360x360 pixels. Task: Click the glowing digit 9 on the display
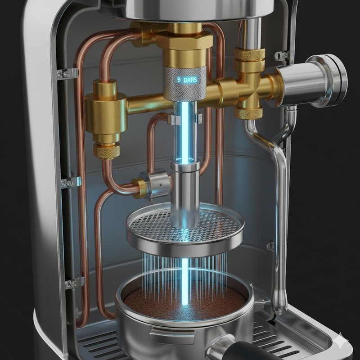pyautogui.click(x=179, y=80)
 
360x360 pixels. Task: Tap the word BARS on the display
pyautogui.click(x=190, y=80)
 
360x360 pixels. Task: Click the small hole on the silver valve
pyautogui.click(x=161, y=185)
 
